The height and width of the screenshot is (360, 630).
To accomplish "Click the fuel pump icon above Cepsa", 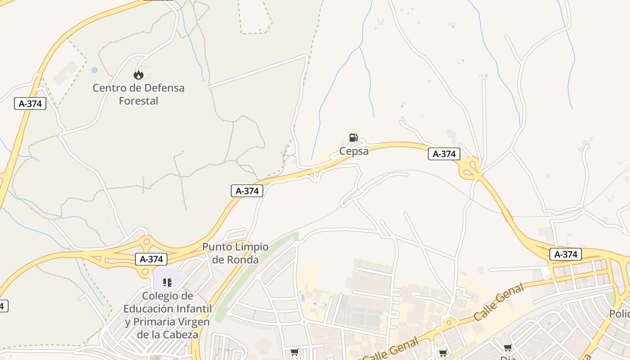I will click(x=354, y=138).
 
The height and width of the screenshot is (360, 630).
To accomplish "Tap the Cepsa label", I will click(x=354, y=151).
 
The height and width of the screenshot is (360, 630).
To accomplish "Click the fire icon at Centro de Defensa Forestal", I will click(x=139, y=75).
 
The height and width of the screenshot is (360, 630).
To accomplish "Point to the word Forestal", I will click(x=139, y=101).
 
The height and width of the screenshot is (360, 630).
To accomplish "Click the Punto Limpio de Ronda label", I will click(x=235, y=253).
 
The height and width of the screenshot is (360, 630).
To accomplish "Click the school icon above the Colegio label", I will click(x=167, y=283).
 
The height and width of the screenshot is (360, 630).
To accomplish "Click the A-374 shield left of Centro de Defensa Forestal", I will click(x=30, y=103).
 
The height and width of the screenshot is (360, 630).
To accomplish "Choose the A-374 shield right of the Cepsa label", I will click(x=444, y=154).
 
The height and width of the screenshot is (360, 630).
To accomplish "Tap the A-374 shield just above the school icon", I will click(x=151, y=259).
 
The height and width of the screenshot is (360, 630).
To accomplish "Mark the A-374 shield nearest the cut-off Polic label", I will click(x=566, y=254).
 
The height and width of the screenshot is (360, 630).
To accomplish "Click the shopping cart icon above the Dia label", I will click(x=508, y=347).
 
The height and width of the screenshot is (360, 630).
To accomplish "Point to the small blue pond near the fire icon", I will click(x=94, y=70).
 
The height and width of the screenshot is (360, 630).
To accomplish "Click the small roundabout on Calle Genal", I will click(x=448, y=323).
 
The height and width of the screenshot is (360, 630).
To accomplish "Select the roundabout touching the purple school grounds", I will click(x=145, y=271).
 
